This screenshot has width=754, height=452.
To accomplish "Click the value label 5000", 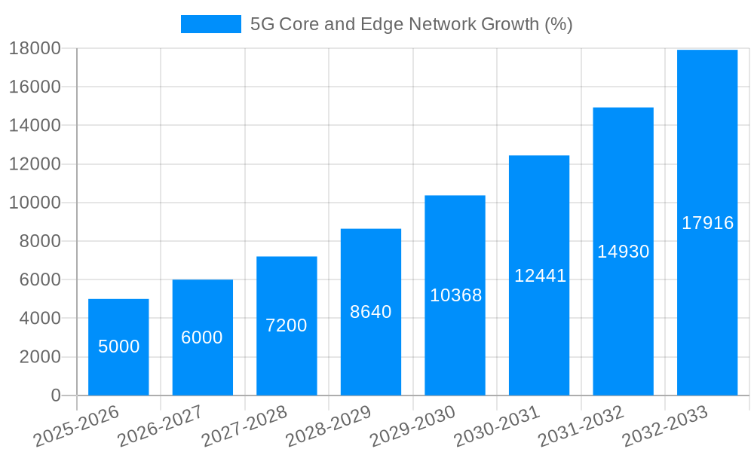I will pos(119,347).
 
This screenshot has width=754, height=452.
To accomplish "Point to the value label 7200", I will pos(287,325).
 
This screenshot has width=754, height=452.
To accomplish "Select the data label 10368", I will pos(455,295).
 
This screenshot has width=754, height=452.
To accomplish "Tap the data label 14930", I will pos(623,252).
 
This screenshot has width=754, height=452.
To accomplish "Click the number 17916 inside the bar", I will pos(707,223).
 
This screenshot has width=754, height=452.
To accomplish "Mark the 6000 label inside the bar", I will pos(202,337).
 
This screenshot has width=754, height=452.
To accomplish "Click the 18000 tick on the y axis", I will pos(35,48).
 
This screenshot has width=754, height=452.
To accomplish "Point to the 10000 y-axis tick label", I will pos(35,203).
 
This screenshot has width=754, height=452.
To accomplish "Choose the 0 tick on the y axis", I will pos(55,395).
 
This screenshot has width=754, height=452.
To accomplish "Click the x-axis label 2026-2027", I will pos(160,425).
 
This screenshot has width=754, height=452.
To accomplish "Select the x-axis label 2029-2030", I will pos(412,425).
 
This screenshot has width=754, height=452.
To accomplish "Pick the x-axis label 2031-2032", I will pos(581,425).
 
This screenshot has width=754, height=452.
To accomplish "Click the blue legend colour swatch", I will pos(210,24).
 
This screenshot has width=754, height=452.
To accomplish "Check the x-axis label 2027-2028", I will pos(244,425).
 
